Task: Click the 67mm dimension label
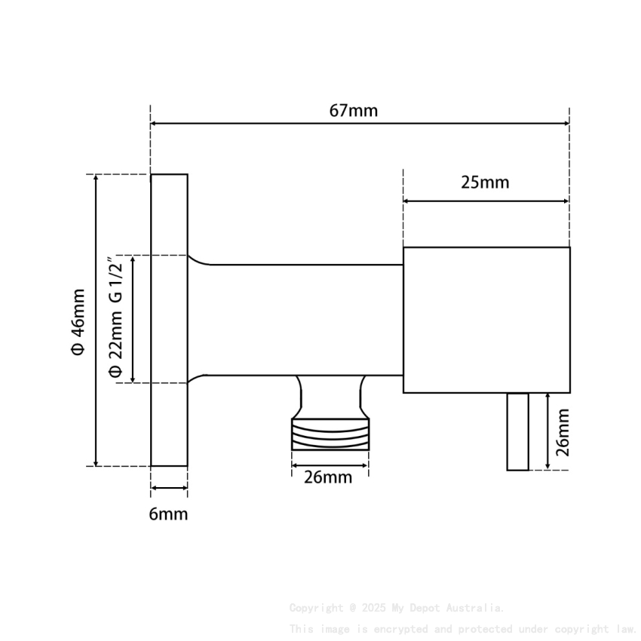(x=353, y=110)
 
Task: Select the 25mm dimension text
(x=485, y=182)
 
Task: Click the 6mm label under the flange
(x=168, y=514)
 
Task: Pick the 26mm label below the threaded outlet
(x=328, y=477)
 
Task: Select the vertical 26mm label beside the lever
(x=562, y=432)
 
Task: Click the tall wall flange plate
(x=169, y=320)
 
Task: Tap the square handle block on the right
(x=486, y=320)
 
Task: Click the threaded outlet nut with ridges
(x=330, y=435)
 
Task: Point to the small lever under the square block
(x=517, y=431)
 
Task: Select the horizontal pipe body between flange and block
(x=302, y=320)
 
